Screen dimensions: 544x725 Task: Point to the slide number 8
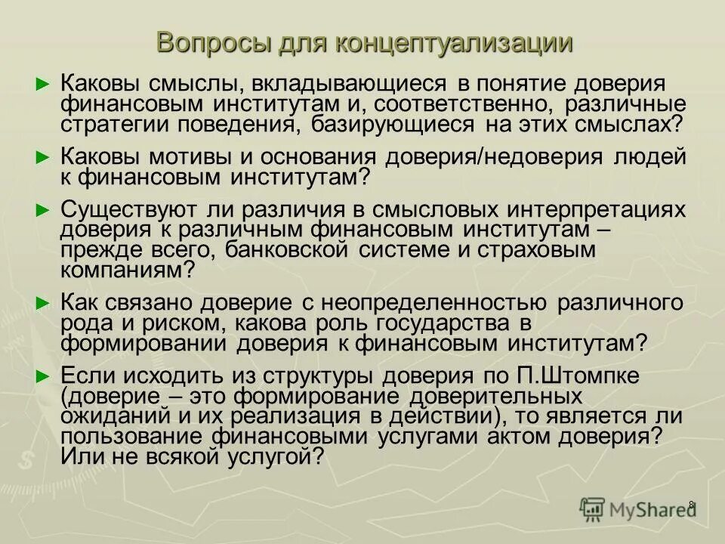692,505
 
